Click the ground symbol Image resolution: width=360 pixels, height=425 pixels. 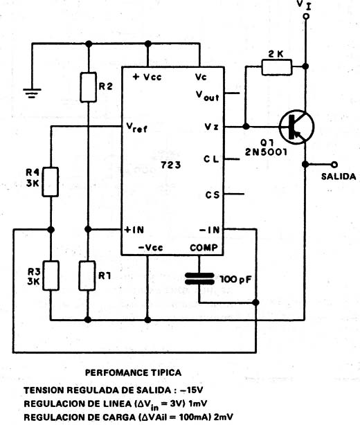tap(32, 93)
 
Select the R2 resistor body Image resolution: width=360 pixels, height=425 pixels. tap(89, 87)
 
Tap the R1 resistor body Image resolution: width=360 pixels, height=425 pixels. tap(87, 275)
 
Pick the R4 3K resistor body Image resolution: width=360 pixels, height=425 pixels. tap(50, 181)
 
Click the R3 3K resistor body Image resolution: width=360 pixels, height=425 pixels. tap(51, 275)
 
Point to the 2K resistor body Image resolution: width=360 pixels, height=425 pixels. tap(277, 67)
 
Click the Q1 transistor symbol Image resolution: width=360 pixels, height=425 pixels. tap(296, 127)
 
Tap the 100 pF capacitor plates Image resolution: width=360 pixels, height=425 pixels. tap(199, 279)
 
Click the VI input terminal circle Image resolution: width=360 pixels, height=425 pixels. tap(306, 17)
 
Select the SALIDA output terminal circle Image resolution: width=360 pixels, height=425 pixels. tap(335, 164)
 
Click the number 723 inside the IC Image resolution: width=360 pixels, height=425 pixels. tap(171, 165)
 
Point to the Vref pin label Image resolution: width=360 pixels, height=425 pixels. tap(137, 127)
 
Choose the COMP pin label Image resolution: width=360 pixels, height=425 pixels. tap(204, 248)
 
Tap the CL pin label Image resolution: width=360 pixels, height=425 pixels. tap(211, 159)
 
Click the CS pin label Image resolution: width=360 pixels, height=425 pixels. tap(213, 195)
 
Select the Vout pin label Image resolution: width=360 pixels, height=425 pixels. tap(208, 96)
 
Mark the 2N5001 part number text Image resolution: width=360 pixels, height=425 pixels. tap(266, 152)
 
